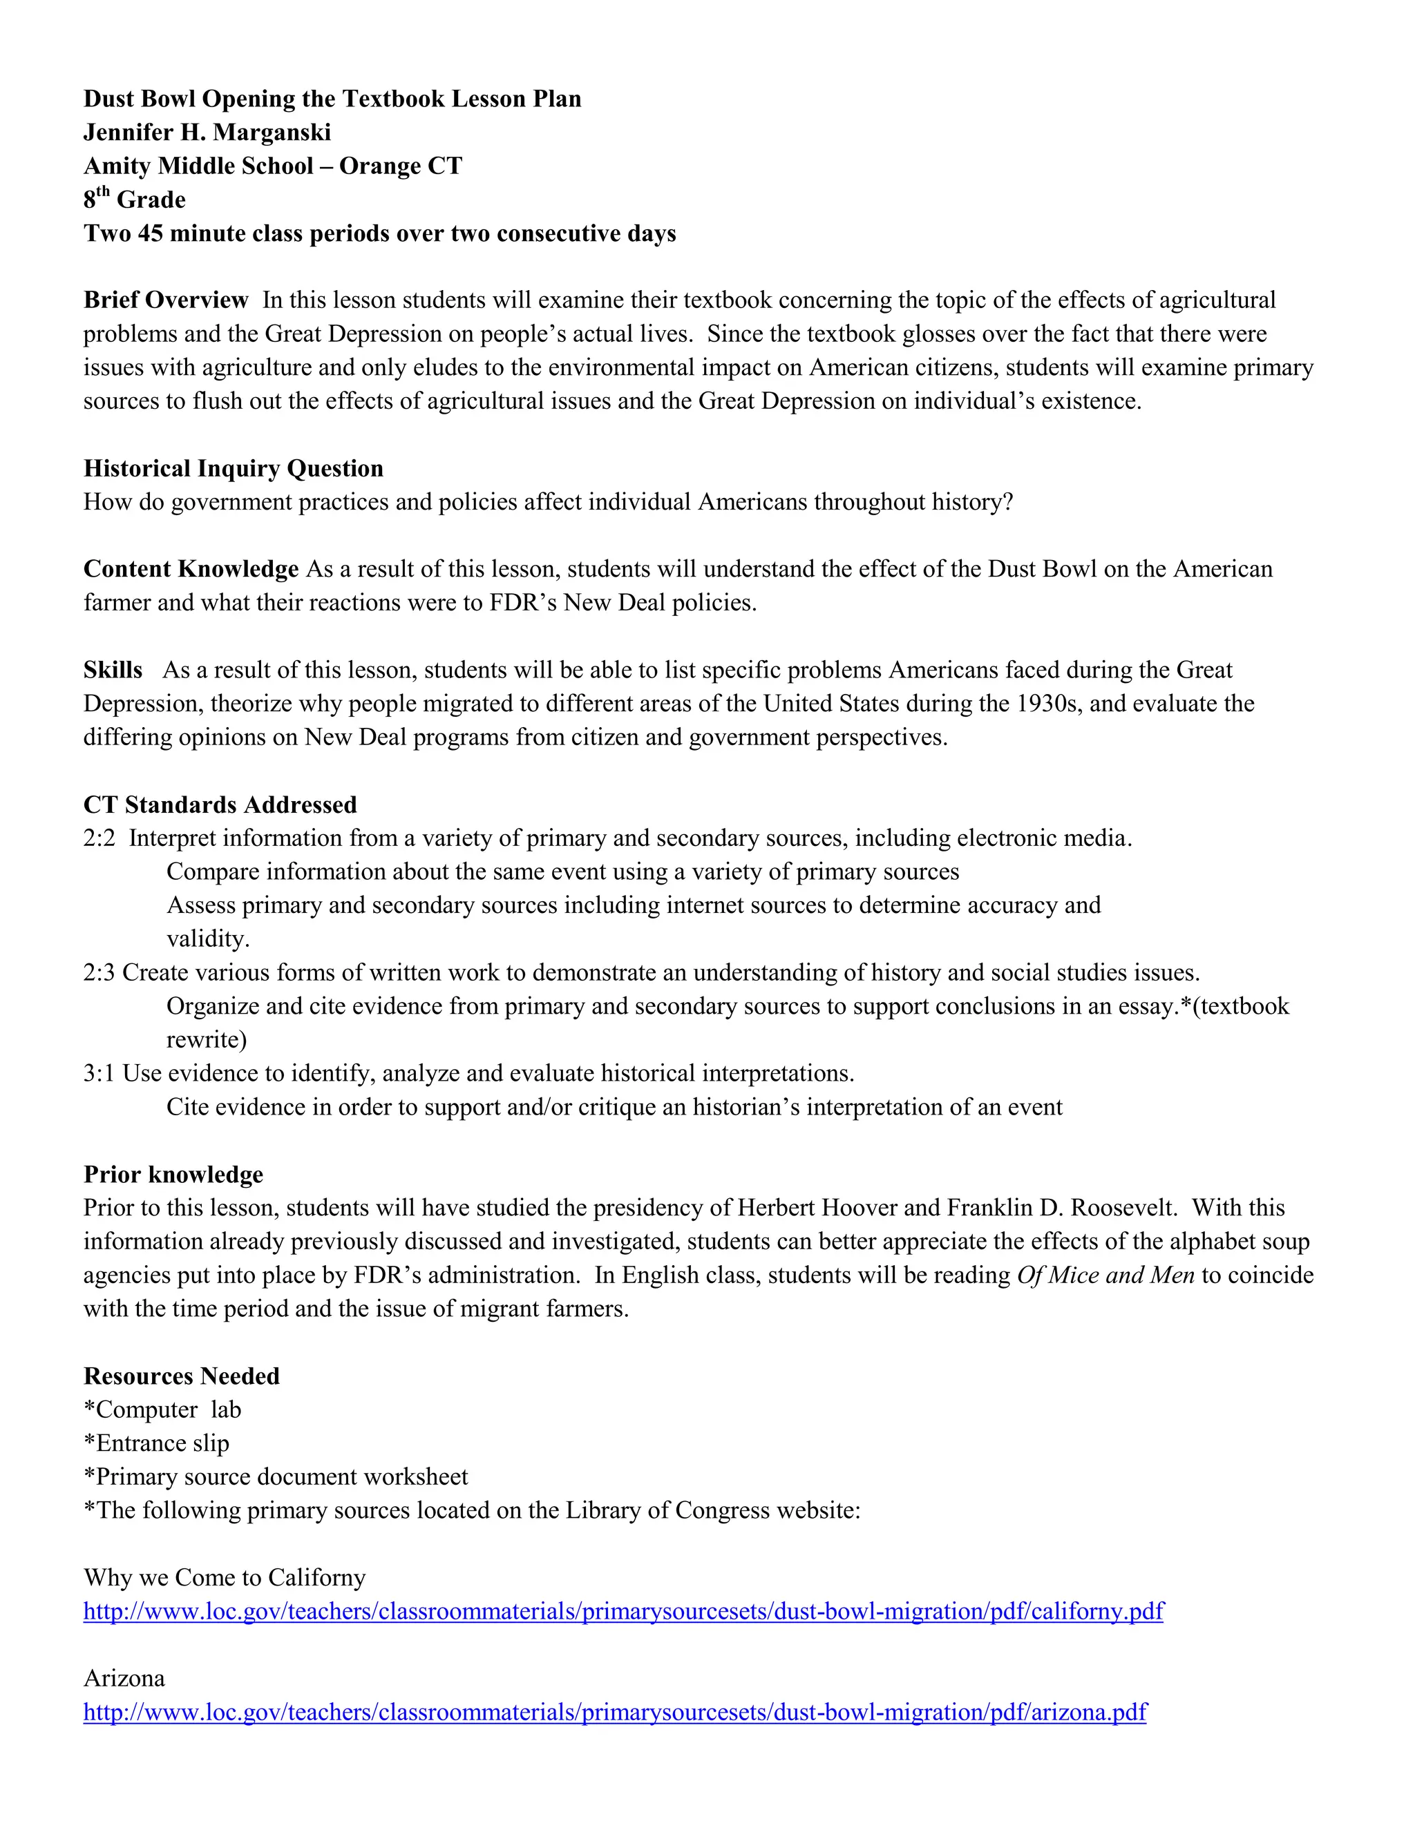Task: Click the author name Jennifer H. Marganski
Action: point(207,133)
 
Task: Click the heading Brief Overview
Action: point(166,300)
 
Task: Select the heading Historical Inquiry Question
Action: point(233,468)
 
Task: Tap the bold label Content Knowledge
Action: point(191,569)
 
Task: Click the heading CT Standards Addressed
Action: point(220,805)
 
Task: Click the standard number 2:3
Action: point(99,973)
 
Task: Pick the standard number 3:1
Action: point(99,1073)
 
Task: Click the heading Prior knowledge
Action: point(173,1174)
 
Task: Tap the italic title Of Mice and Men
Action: point(1105,1275)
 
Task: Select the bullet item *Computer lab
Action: point(162,1409)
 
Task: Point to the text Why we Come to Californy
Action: point(225,1578)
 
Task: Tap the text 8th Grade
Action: point(135,200)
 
